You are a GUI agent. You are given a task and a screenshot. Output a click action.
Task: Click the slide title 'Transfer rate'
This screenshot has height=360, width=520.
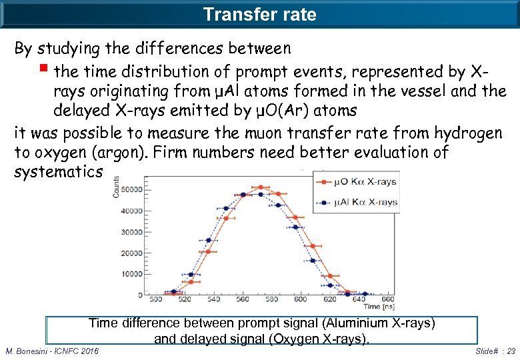259,14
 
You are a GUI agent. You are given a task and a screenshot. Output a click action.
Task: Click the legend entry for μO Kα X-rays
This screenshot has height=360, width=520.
365,182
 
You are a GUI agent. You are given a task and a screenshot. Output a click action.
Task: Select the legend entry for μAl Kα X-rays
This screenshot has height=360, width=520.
365,201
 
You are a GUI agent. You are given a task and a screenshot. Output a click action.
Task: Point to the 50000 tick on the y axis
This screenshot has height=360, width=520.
131,190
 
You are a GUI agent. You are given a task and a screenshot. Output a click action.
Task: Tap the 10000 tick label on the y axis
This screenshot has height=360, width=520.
131,274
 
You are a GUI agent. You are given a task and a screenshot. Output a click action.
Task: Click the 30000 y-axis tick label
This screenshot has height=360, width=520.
131,232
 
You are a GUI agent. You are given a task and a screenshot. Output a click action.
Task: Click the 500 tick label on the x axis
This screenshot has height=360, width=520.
156,300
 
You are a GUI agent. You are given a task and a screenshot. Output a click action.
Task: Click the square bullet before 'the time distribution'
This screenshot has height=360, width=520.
45,70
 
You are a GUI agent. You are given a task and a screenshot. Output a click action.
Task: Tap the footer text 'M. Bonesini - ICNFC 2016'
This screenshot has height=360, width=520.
52,351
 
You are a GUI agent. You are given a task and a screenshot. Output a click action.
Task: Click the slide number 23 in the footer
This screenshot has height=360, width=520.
509,351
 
